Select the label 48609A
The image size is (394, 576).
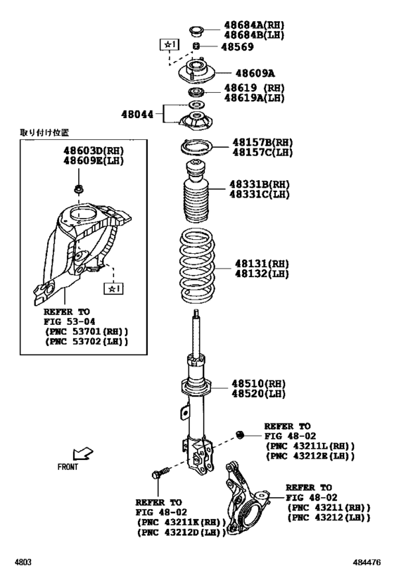(x=255, y=72)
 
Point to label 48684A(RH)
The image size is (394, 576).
(x=254, y=25)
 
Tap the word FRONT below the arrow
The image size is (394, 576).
(x=68, y=467)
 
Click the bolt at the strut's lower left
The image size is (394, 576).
(x=158, y=476)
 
